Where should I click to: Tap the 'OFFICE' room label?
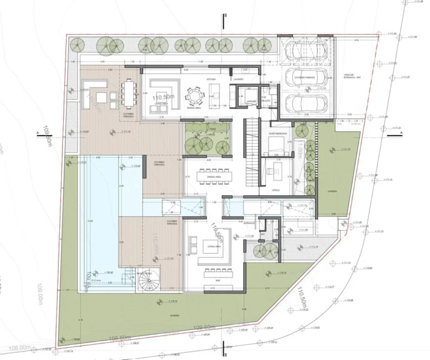(x=275, y=190)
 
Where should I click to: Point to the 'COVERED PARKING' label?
(x=306, y=77)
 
